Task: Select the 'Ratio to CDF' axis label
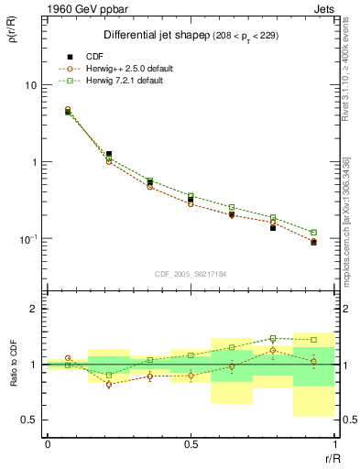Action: click(x=13, y=364)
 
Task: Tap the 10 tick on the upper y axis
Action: click(x=30, y=85)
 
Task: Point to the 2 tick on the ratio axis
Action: click(x=34, y=309)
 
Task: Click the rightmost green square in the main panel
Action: click(x=313, y=233)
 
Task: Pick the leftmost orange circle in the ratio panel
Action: click(x=68, y=358)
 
